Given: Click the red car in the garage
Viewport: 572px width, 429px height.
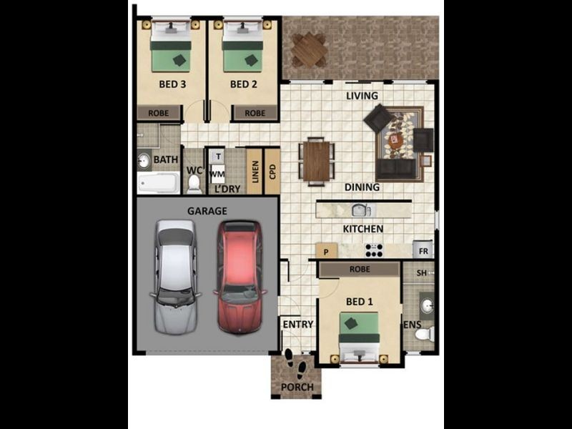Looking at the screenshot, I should click(x=240, y=277).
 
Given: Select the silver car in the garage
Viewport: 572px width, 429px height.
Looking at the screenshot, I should click(x=175, y=277).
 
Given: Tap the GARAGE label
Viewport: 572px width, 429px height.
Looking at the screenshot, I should click(x=207, y=211).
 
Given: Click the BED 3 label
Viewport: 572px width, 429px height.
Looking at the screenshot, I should click(x=172, y=84).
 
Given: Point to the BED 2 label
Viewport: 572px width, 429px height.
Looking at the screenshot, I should click(x=243, y=84).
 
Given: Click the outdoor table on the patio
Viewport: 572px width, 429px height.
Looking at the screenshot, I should click(x=310, y=50).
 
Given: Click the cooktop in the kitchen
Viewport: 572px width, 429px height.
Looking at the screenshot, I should click(x=374, y=250).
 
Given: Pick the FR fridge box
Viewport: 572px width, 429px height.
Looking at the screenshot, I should click(x=423, y=252).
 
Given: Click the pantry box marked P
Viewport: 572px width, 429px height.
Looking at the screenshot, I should click(x=326, y=251).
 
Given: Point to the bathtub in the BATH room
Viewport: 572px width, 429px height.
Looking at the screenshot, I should click(x=158, y=183).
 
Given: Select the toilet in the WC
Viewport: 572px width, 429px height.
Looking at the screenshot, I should click(x=194, y=183).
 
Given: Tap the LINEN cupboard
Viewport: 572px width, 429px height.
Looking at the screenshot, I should click(x=255, y=172).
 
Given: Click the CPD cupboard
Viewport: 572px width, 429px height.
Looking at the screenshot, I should click(x=272, y=172).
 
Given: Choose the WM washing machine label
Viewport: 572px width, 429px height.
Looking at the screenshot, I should click(x=217, y=174).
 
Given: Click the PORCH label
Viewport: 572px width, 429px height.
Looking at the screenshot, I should click(x=297, y=388).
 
